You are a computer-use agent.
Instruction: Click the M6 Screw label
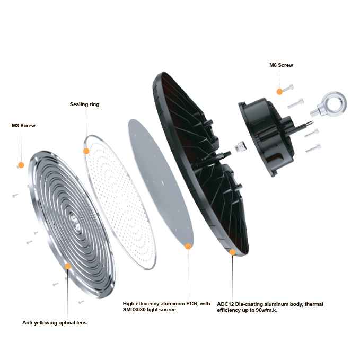281,65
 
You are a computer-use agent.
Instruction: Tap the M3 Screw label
23,126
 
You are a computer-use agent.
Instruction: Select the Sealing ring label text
84,104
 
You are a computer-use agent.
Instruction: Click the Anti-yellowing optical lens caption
54,322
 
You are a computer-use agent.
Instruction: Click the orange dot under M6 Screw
279,92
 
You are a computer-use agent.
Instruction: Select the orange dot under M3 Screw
21,165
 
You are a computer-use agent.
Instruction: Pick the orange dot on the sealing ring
86,151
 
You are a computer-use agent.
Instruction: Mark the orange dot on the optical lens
68,266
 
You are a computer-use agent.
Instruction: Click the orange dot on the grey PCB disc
188,247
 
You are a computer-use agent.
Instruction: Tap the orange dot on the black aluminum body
232,252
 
